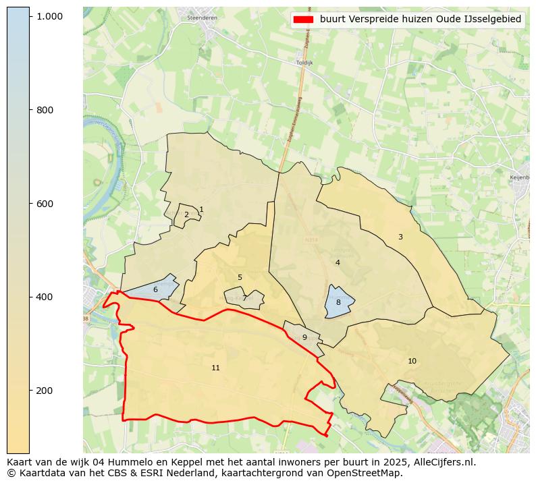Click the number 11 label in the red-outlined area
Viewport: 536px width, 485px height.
point(215,368)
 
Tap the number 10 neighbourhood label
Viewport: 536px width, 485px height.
point(412,361)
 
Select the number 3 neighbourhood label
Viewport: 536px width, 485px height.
point(400,237)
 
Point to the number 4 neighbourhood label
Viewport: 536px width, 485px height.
point(338,262)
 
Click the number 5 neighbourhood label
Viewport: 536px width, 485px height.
point(240,277)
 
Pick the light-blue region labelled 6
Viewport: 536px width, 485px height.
point(155,289)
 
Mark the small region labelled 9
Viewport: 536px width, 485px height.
point(304,337)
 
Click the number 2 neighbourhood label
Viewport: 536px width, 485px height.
point(186,215)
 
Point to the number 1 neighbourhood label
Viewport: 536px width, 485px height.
point(201,210)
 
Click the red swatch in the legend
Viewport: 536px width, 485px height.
point(304,20)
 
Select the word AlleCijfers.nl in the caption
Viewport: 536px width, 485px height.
point(441,463)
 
